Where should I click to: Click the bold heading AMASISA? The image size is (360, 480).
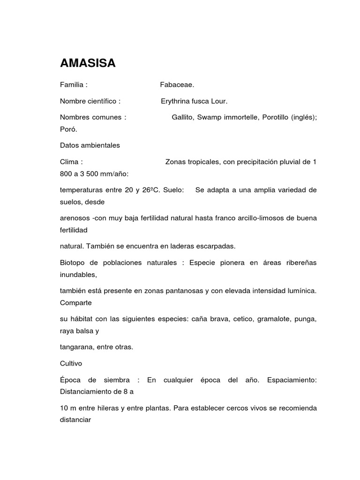point(88,64)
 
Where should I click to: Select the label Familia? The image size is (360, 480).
point(72,85)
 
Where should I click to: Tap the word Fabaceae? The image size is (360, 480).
point(177,85)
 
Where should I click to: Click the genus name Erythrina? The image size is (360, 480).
point(176,101)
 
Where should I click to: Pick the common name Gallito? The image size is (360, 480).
point(183,118)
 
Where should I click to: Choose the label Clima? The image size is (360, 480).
point(69,162)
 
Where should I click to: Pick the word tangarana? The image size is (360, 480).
point(77,347)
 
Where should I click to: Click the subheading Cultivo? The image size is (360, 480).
point(70,363)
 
